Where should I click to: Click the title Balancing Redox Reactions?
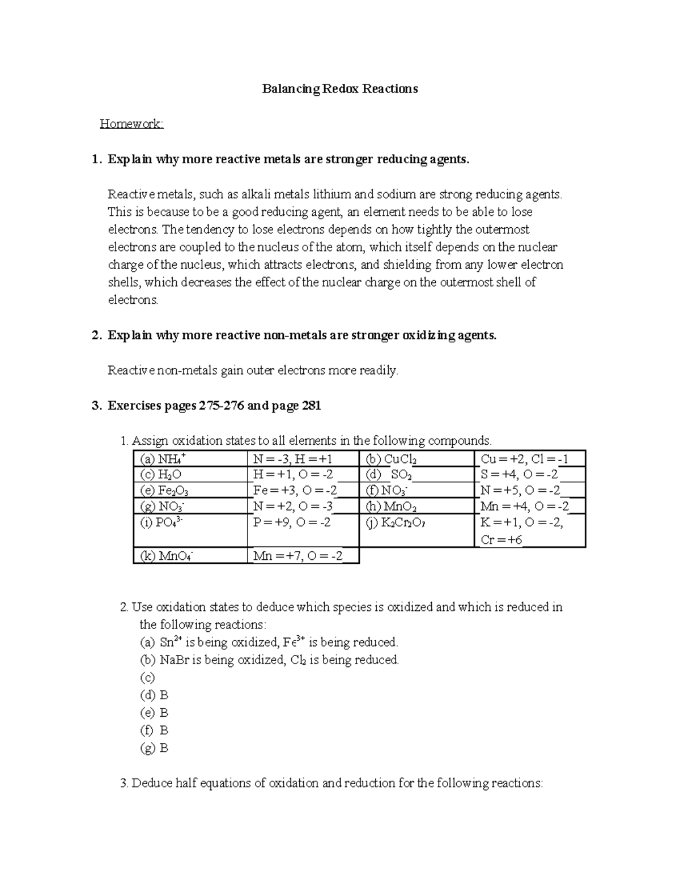pos(339,88)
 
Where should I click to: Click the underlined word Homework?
pos(131,124)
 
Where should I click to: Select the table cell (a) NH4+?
pos(190,459)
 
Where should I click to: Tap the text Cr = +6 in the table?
pos(501,539)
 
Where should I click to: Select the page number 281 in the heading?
pos(311,406)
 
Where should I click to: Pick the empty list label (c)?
pos(147,678)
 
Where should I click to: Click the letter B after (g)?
pos(164,748)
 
